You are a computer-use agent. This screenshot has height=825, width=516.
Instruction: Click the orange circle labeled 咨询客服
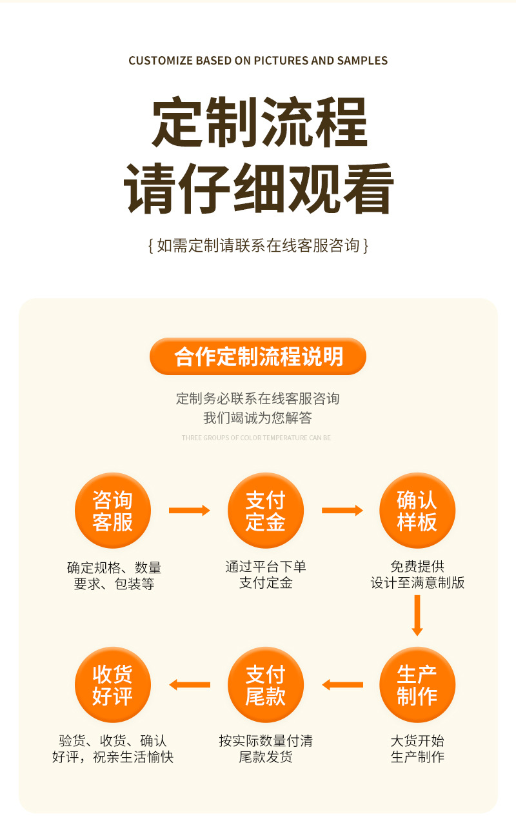[x=113, y=511]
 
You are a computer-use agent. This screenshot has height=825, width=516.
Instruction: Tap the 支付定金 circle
[x=265, y=511]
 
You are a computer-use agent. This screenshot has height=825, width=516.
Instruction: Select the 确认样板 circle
[x=417, y=511]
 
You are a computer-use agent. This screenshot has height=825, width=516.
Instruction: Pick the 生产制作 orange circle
[x=417, y=685]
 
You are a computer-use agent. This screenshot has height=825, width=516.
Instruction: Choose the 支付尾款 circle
[x=265, y=685]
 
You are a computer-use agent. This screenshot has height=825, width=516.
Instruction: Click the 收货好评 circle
[x=113, y=685]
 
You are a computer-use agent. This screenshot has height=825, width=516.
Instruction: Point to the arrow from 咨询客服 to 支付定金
[x=189, y=511]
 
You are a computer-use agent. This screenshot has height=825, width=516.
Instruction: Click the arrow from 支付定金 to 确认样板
[x=342, y=511]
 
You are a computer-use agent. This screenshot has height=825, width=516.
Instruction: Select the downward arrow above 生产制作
[x=417, y=615]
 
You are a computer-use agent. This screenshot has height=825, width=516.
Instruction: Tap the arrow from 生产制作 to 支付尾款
[x=342, y=685]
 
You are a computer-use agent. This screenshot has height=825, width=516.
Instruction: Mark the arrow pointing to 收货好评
[x=189, y=685]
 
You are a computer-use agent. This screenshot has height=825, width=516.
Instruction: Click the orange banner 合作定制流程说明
[x=258, y=356]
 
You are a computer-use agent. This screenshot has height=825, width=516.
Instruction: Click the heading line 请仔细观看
[x=259, y=188]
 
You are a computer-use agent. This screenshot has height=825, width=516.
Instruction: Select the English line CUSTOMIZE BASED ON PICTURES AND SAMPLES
[x=258, y=61]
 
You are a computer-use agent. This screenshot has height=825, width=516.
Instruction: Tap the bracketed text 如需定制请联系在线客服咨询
[x=258, y=245]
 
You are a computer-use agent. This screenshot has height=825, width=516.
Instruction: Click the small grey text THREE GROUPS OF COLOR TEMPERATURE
[x=256, y=438]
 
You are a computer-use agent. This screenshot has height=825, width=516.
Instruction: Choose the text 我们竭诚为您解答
[x=257, y=418]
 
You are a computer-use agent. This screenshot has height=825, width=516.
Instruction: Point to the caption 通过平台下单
[x=265, y=567]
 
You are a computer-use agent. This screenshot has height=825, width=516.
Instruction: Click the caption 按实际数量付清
[x=265, y=741]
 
